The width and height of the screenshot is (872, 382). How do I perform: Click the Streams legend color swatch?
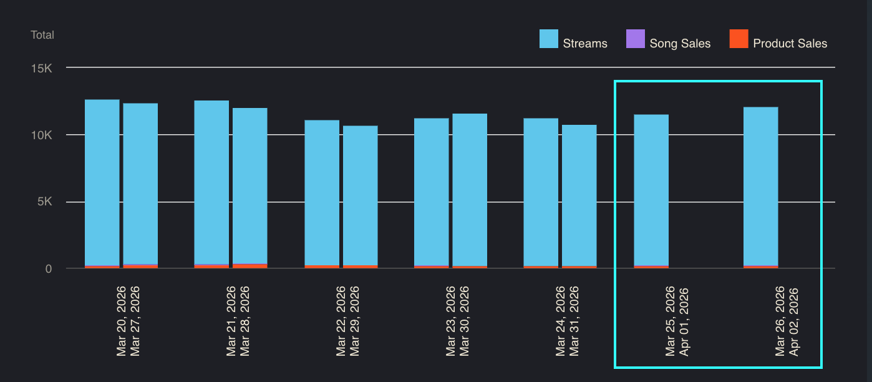[x=549, y=39]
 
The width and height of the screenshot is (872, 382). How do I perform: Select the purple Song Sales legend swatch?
[x=635, y=39]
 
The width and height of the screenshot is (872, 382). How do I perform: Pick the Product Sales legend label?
[x=790, y=44]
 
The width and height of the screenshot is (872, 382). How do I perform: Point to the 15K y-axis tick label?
[x=42, y=67]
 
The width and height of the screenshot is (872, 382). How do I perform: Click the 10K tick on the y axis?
[x=42, y=135]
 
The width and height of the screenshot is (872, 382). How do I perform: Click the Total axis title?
[x=42, y=35]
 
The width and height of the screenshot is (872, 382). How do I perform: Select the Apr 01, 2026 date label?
[x=684, y=321]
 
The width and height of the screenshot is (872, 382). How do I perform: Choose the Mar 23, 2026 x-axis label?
[x=451, y=321]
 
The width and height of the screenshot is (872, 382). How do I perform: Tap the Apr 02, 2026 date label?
[x=794, y=321]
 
